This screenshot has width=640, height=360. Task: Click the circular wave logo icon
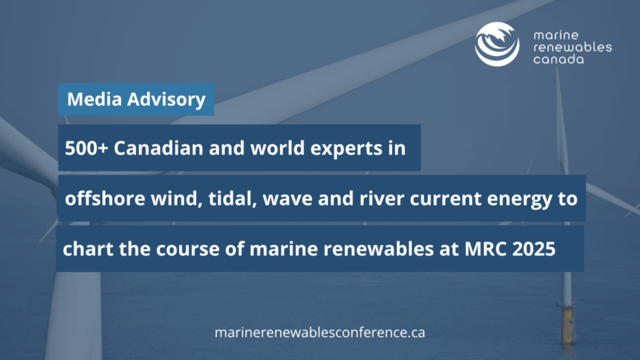497,44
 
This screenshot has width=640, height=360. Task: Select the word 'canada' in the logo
558,59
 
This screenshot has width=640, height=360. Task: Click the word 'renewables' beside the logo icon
573,47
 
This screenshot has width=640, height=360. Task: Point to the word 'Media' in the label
94,99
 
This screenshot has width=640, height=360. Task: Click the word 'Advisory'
166,100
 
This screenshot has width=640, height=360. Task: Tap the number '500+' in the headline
86,148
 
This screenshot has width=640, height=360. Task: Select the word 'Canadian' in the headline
158,148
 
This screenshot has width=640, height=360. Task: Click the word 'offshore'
105,198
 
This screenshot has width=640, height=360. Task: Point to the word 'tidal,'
232,198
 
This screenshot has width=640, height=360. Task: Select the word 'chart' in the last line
88,249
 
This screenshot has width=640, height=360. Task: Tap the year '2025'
534,249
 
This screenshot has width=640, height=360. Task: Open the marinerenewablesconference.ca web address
320,333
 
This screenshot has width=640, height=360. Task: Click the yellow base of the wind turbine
567,324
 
